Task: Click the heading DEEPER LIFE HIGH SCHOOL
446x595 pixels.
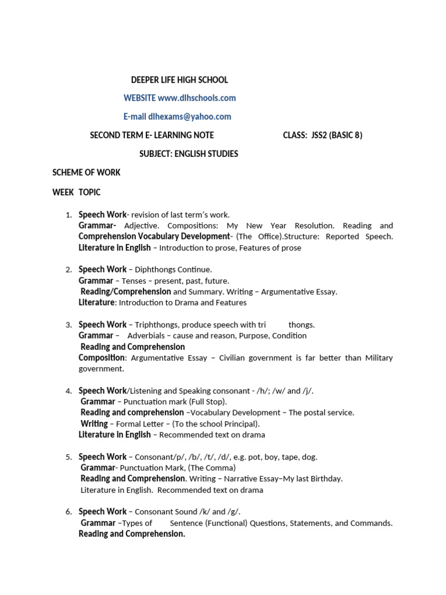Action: (x=179, y=80)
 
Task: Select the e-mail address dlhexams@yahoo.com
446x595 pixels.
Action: (x=189, y=117)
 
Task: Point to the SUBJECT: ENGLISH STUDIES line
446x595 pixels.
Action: (x=189, y=154)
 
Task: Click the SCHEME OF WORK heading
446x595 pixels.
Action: (x=87, y=173)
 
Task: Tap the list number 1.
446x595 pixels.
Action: (x=69, y=215)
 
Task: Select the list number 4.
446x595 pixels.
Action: (x=69, y=391)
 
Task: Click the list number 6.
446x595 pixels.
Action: (x=69, y=512)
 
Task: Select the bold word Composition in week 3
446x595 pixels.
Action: (x=102, y=358)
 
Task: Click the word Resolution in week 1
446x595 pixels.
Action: (x=314, y=225)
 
